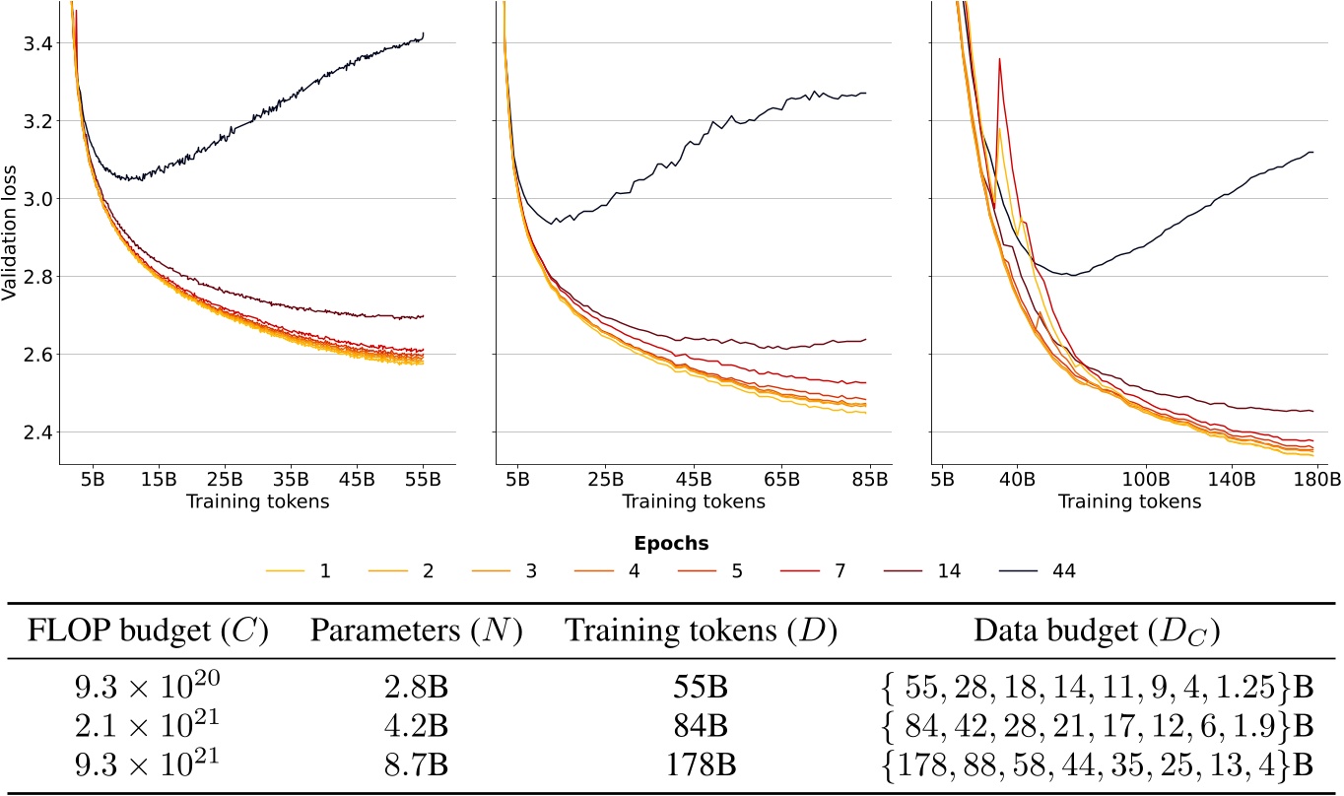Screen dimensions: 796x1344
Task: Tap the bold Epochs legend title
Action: [x=671, y=543]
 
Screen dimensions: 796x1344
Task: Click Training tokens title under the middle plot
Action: [x=693, y=501]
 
